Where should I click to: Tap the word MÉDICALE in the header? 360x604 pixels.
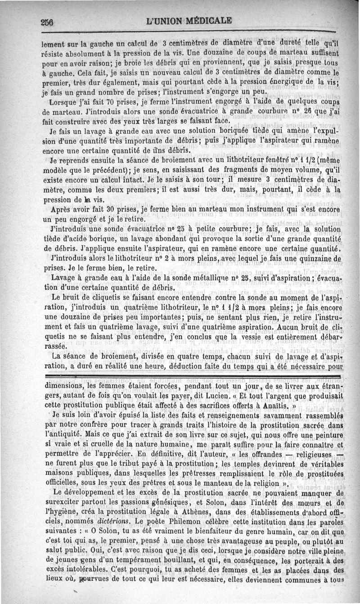[206, 21]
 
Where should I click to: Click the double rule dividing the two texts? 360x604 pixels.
[194, 375]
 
